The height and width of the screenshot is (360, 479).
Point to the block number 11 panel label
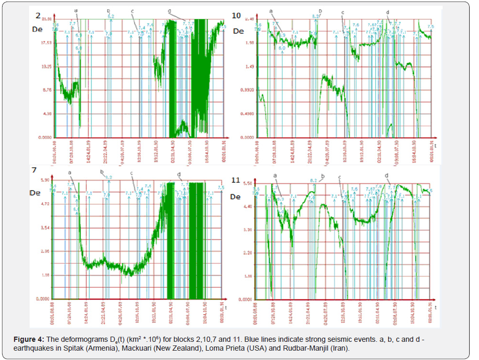point(235,180)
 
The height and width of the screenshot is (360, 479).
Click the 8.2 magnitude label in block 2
point(111,17)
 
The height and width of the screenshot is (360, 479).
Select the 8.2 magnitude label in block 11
point(313,181)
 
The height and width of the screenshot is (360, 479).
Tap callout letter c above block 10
point(343,12)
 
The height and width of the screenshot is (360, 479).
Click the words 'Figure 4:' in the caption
point(28,339)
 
